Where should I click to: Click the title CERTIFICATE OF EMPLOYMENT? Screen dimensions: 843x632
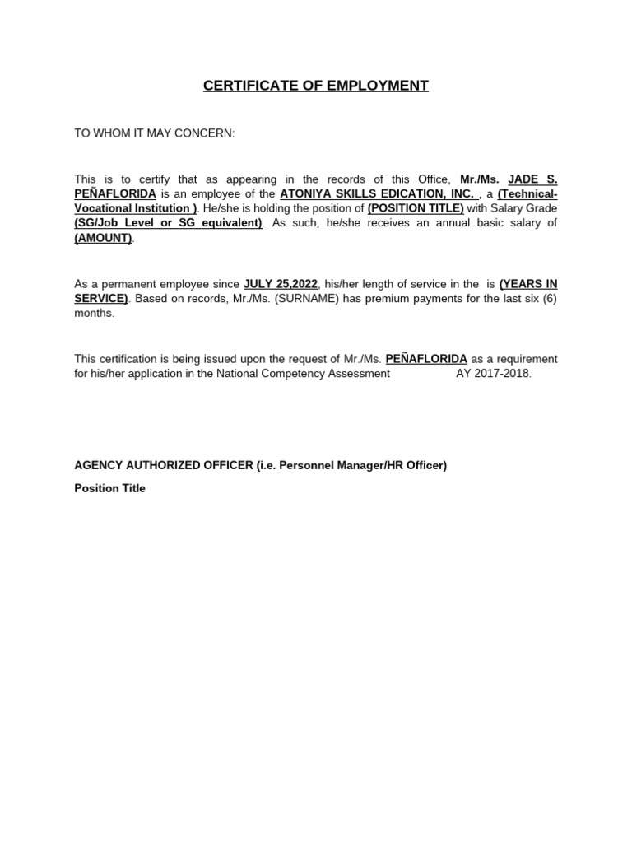click(316, 86)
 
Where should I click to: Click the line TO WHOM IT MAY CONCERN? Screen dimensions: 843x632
click(155, 133)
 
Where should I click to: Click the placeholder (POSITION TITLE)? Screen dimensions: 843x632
click(416, 208)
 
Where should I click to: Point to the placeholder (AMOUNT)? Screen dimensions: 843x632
click(104, 238)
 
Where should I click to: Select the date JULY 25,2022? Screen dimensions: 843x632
click(280, 284)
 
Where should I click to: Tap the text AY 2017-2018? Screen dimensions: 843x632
click(494, 374)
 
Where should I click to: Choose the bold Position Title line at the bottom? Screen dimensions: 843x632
click(109, 488)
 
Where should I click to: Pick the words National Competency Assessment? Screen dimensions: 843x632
click(303, 374)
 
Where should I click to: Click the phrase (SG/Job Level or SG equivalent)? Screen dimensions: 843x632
click(169, 223)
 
